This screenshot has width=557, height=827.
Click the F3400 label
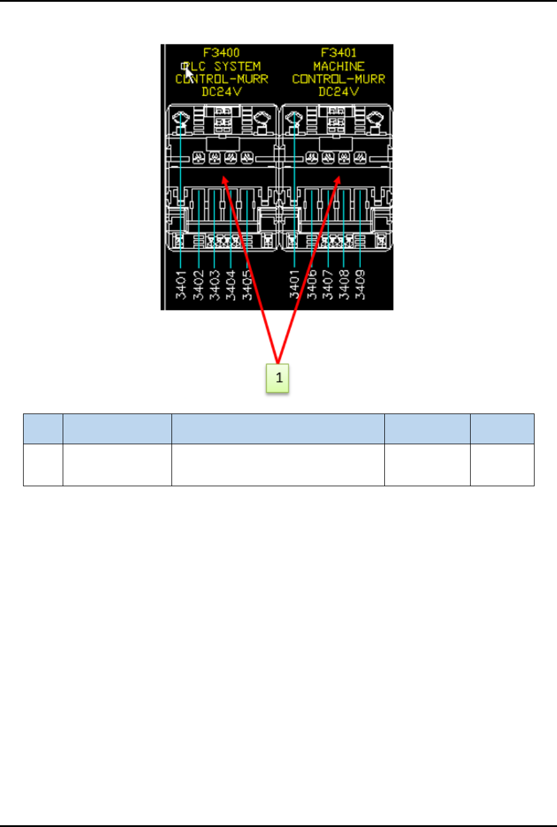(x=221, y=53)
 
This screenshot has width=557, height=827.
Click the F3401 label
(x=339, y=53)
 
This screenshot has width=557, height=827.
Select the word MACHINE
(x=339, y=66)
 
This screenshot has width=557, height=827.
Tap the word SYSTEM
(x=237, y=66)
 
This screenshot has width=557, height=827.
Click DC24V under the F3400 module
(x=222, y=92)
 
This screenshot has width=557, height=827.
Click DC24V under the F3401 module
(x=339, y=92)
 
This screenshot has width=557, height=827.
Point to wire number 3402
(x=198, y=285)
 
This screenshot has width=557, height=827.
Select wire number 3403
(x=215, y=285)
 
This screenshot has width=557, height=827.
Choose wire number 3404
(x=231, y=285)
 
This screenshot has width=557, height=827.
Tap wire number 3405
(x=247, y=285)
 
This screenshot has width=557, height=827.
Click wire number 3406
(x=312, y=285)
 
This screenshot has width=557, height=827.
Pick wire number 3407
(x=328, y=285)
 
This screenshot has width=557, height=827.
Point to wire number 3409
(x=360, y=285)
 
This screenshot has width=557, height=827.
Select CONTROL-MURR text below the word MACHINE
(x=339, y=79)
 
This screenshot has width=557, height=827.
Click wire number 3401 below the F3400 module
(x=181, y=285)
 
